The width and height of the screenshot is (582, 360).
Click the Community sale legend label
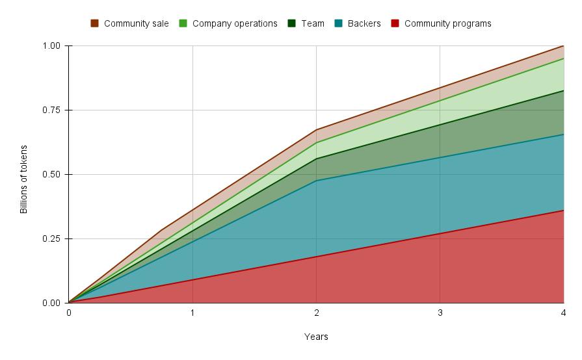coord(136,23)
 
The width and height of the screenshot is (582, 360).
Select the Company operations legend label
coord(235,23)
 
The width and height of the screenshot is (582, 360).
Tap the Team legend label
coord(312,23)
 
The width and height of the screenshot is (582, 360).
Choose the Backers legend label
coord(364,23)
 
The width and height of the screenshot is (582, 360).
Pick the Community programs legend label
coord(447,23)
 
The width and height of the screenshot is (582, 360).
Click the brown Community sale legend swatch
coord(94,23)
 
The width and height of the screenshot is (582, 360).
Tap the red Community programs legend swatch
coord(395,23)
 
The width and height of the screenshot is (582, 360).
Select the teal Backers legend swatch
coord(338,23)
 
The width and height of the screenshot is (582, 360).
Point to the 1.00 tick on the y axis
coord(51,46)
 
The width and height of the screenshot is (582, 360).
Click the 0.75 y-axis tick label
coord(51,110)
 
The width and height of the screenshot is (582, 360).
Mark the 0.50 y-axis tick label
coord(51,175)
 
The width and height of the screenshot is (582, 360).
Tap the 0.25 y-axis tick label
coord(51,239)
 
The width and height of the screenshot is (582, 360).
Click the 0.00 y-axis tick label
coord(51,303)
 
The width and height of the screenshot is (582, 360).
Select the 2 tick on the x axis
coord(316,313)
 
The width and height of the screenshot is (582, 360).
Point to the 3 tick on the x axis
coord(440,313)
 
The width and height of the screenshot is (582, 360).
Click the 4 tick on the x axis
coord(563,313)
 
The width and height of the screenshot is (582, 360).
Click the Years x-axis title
coord(316,337)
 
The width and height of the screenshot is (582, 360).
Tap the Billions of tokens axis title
coord(24,179)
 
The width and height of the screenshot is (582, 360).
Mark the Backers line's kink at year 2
coord(316,181)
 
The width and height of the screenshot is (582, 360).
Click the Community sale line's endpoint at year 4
coord(563,46)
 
